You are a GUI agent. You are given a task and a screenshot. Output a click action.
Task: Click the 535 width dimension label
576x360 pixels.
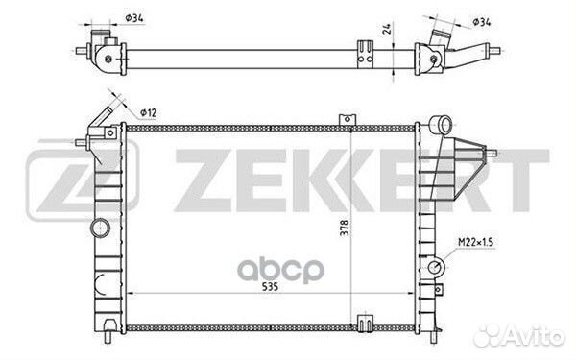click(x=270, y=287)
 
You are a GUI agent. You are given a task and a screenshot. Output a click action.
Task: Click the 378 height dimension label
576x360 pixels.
click(x=345, y=228)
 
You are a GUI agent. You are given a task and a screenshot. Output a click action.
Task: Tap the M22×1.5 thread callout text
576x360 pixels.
click(x=475, y=242)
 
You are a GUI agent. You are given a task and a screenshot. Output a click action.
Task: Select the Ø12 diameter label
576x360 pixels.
click(x=149, y=112)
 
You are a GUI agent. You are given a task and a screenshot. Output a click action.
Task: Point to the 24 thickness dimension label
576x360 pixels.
click(x=387, y=29)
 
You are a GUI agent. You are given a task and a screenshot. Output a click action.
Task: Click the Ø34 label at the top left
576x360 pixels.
click(x=134, y=17)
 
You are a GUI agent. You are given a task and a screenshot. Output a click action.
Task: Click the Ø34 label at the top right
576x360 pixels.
click(x=482, y=22)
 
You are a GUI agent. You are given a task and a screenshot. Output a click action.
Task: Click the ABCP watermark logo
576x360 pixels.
click(x=280, y=271)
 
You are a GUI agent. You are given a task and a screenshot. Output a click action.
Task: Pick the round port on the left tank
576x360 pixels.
click(x=100, y=228)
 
